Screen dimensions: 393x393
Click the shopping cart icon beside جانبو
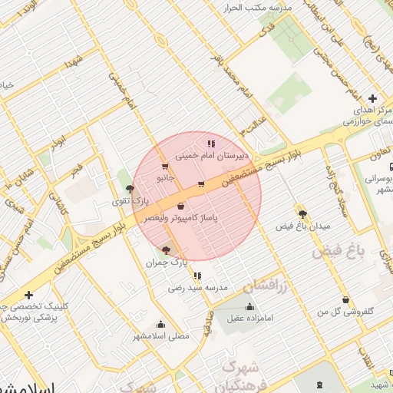[164, 167]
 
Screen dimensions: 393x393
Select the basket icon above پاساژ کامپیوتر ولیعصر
[180, 206]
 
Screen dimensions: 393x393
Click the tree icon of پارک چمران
[167, 250]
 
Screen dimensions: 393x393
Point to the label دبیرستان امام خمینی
[203, 154]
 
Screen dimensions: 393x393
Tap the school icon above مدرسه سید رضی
[197, 276]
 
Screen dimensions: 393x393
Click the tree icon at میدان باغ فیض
[302, 214]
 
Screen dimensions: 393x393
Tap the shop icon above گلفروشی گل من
[346, 300]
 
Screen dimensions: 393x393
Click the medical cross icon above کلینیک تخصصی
[28, 295]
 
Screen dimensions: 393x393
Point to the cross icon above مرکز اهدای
[372, 98]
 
